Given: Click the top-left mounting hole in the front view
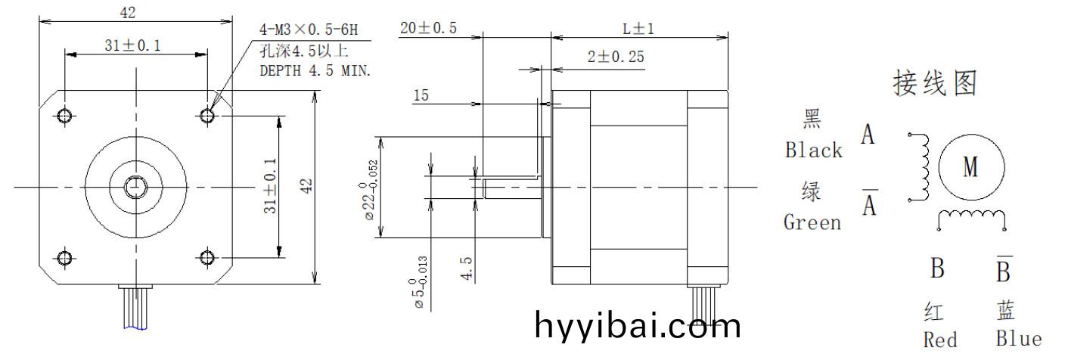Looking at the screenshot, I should [65, 115].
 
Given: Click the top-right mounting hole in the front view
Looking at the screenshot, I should [207, 115].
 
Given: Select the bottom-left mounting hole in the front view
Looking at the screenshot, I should [65, 258].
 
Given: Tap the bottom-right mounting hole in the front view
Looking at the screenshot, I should [207, 258].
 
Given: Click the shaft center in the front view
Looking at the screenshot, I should [136, 186].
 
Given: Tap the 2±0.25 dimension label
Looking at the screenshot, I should [616, 57].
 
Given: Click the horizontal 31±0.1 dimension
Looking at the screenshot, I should [132, 46].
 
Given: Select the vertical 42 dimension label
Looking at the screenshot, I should [306, 187].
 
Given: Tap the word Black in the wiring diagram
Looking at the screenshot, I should [813, 151].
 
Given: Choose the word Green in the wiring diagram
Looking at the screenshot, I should [812, 222].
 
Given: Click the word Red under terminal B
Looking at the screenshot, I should [940, 340].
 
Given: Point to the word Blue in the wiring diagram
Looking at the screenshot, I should [1018, 340].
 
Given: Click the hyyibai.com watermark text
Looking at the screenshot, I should [638, 326].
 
